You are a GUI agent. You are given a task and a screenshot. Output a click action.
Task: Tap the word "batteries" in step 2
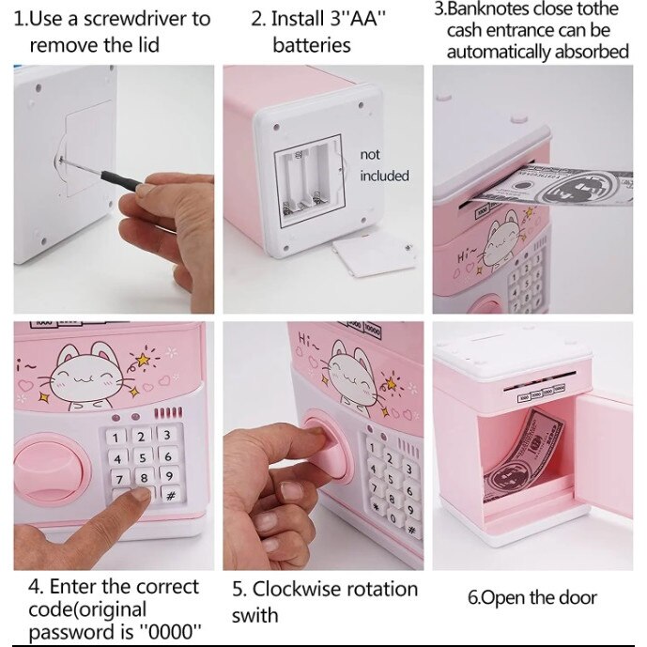pyautogui.click(x=311, y=45)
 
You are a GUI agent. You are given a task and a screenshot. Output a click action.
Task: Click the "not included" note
pyautogui.click(x=384, y=164)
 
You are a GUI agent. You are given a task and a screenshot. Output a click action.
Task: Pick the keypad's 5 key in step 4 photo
pyautogui.click(x=142, y=456)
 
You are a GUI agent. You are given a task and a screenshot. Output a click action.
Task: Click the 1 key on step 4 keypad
pyautogui.click(x=116, y=437)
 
